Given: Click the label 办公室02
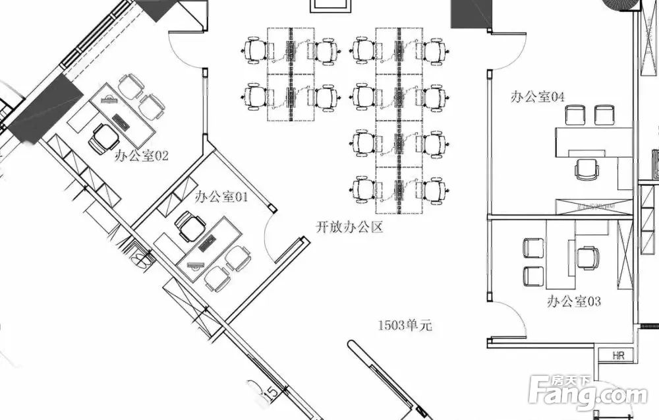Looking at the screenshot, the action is tap(141, 156).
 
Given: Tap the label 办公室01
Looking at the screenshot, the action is tap(221, 196).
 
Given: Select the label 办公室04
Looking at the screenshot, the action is tap(538, 97).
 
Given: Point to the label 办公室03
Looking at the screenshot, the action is tap(574, 301).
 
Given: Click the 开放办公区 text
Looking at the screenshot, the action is tap(349, 227).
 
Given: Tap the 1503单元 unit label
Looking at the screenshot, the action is tap(405, 325).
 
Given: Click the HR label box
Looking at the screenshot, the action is tap(618, 355).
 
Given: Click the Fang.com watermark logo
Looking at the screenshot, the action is tap(588, 392).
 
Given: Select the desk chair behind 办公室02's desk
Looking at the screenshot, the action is tap(104, 138).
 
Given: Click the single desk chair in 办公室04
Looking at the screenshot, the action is tap(587, 168).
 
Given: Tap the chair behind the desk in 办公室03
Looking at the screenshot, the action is tap(588, 257).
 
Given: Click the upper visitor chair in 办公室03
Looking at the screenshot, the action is tap(533, 248).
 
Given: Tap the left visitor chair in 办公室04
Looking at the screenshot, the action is tap(575, 115).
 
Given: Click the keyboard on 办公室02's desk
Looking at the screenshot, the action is tap(121, 122).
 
